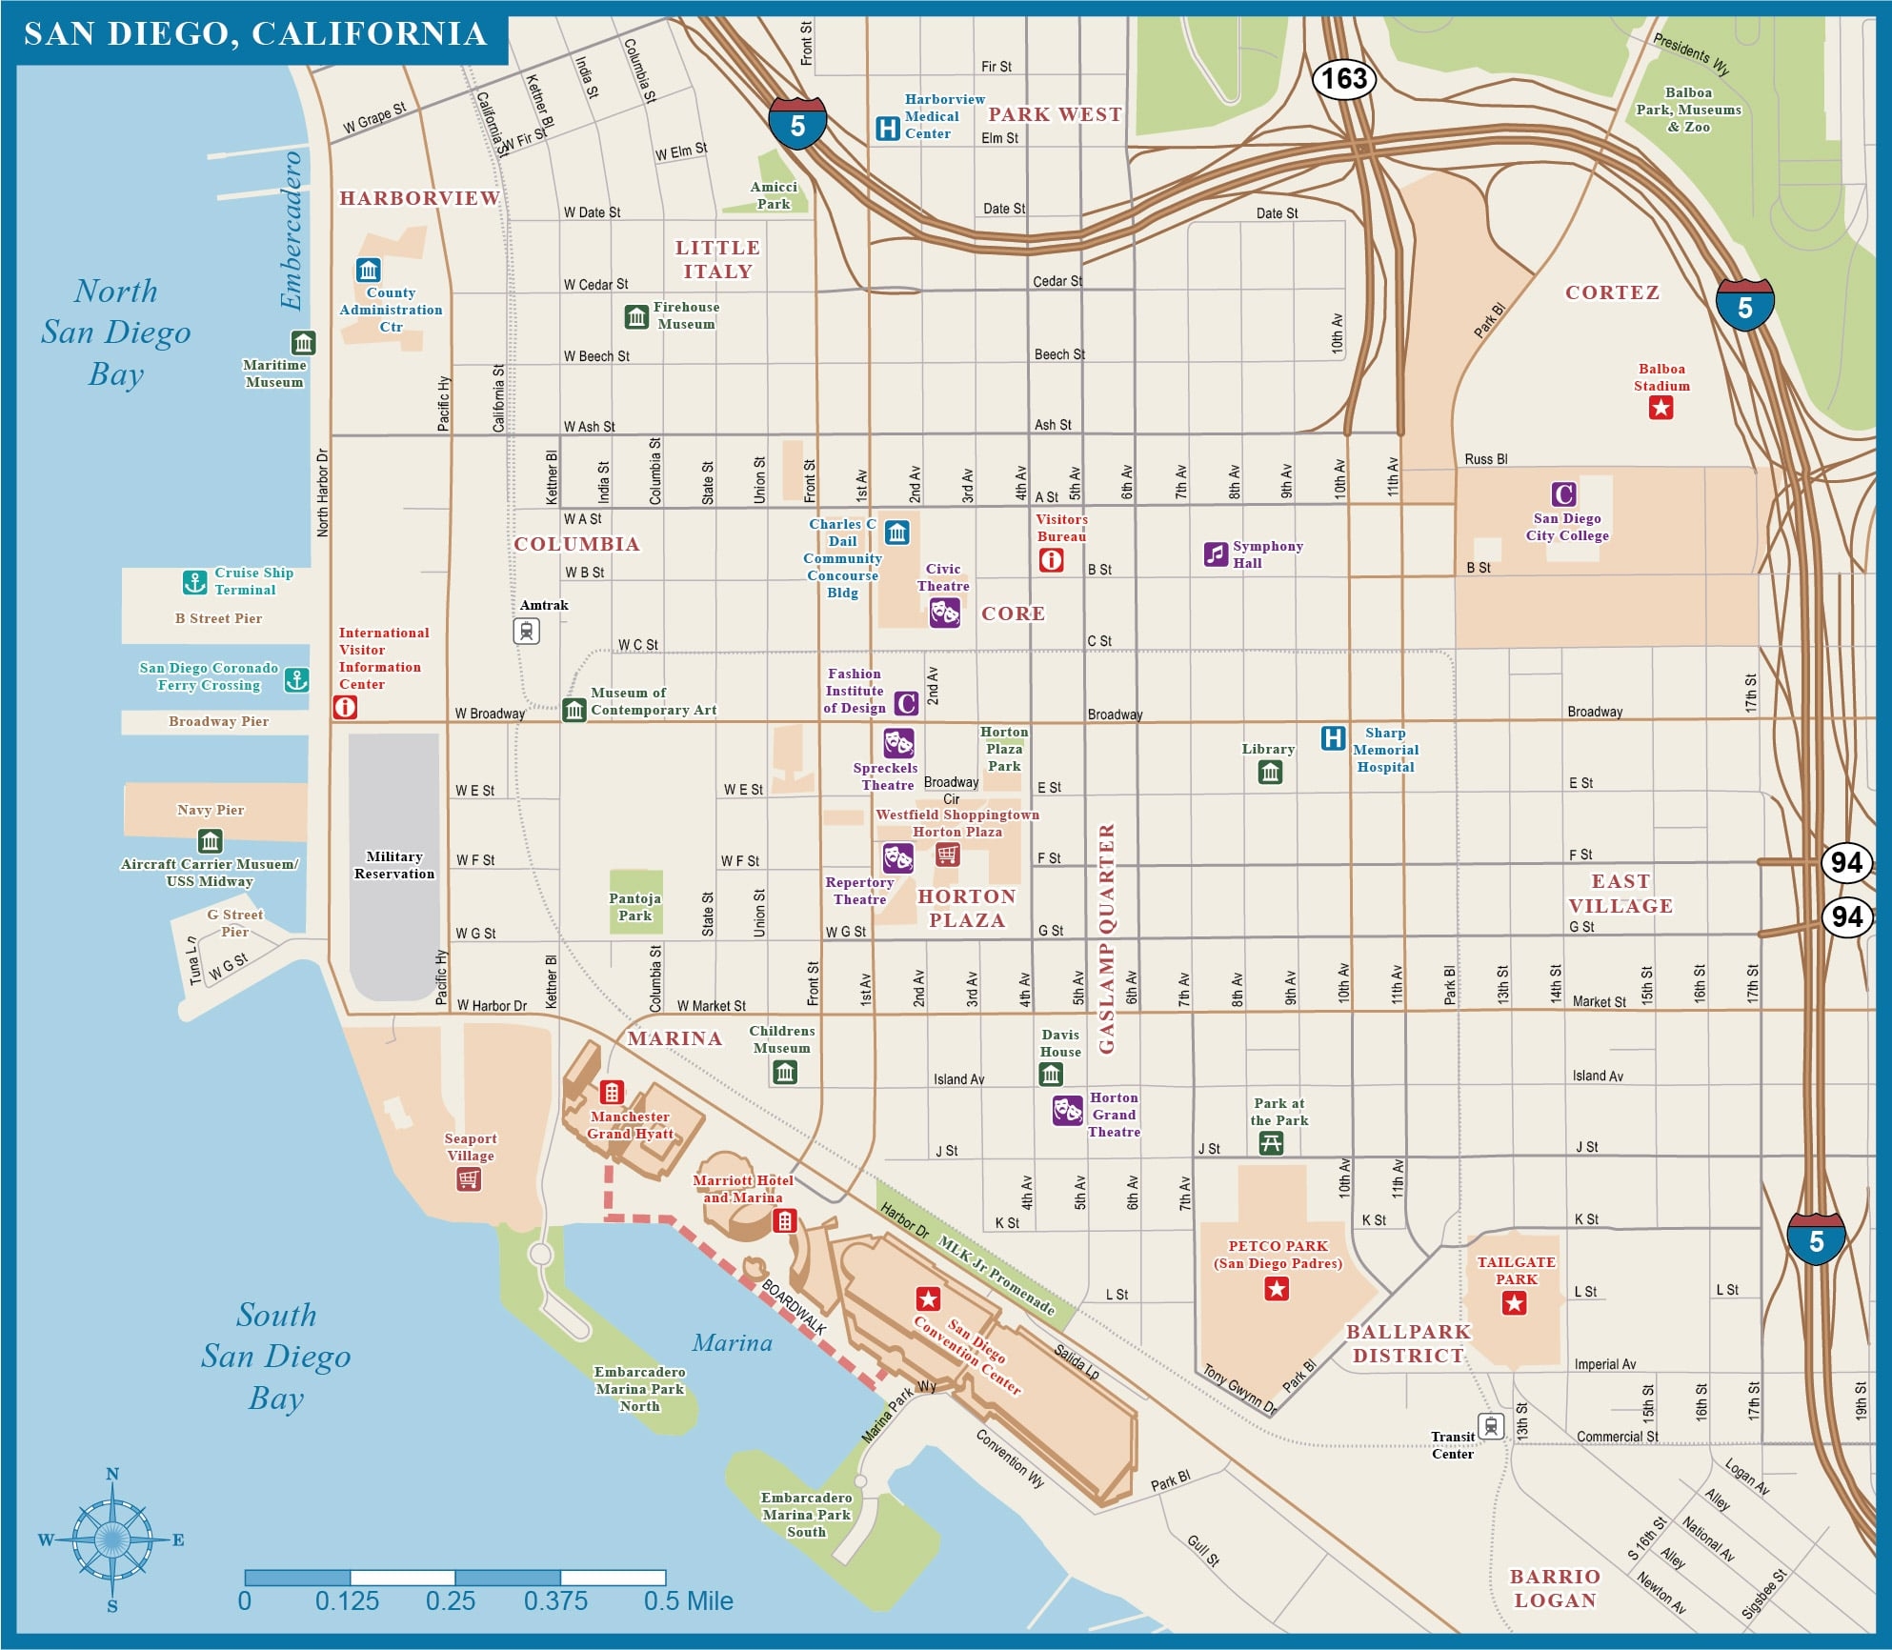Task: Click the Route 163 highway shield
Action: pos(1343,78)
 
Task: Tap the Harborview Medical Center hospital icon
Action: pos(887,128)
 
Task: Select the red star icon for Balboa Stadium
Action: pos(1661,409)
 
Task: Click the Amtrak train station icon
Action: pos(527,631)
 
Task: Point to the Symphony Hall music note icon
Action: pos(1216,553)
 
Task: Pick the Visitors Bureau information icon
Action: pos(1051,560)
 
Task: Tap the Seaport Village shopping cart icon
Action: pos(468,1179)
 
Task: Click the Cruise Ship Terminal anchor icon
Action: pos(194,581)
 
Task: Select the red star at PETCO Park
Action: pos(1277,1290)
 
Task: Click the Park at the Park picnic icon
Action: pos(1271,1143)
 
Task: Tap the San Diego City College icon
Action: pos(1563,494)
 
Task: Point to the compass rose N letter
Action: pos(112,1474)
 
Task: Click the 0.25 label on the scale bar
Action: pos(451,1601)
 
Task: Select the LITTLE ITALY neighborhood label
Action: pos(717,259)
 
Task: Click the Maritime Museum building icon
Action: pos(303,342)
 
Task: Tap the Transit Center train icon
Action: pos(1491,1426)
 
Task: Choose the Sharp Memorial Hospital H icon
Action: pos(1333,737)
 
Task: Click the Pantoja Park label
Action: pos(634,907)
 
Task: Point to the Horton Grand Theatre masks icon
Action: pos(1067,1110)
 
